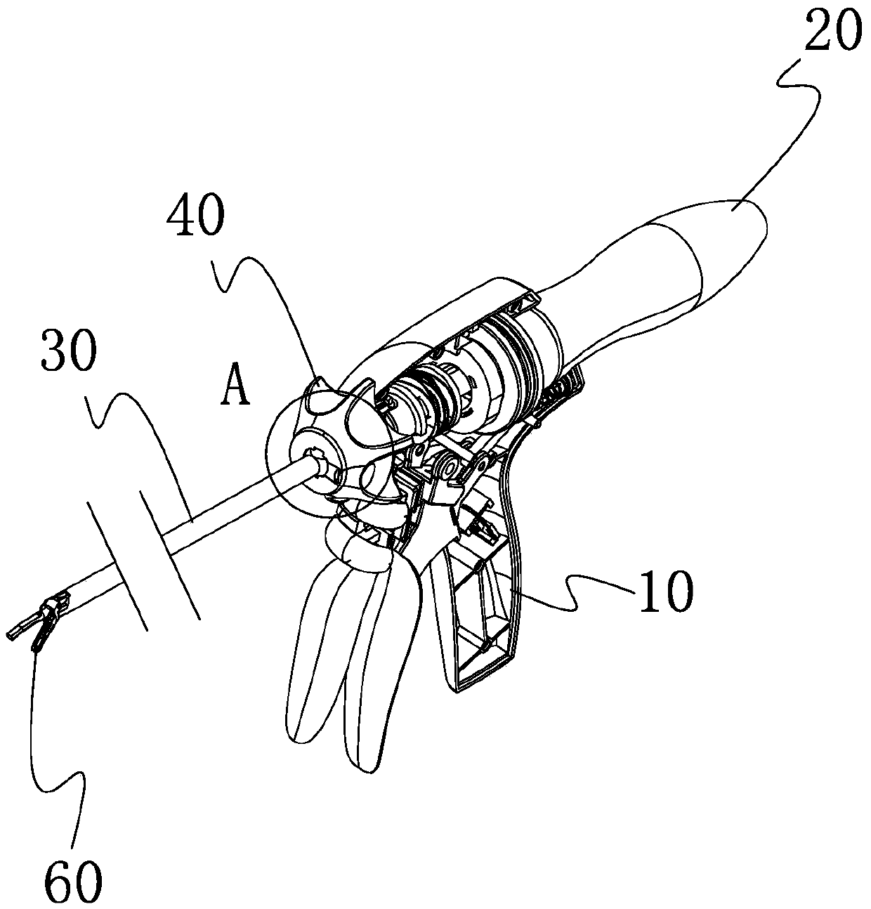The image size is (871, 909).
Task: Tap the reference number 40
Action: (195, 219)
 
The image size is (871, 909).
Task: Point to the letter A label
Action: (235, 388)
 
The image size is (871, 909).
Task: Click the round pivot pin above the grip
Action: (445, 463)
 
